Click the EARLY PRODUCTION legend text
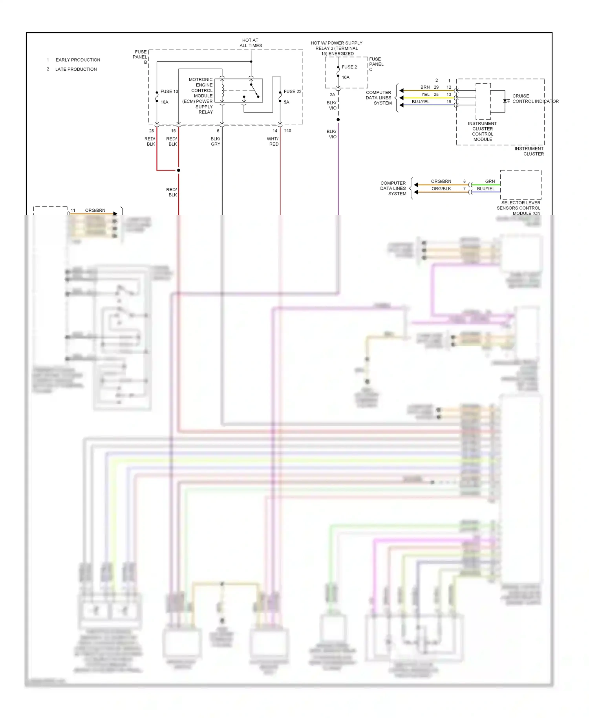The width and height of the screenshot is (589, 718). pos(78,60)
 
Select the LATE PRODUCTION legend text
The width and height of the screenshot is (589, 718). pos(76,69)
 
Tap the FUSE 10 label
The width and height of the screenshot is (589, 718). pos(169,92)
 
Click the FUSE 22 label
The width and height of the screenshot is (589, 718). pos(293,92)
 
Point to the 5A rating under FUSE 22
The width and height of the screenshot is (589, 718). pos(287,102)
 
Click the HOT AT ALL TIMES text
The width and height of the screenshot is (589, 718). pos(251,43)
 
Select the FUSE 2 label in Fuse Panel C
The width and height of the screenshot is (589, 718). pos(349,67)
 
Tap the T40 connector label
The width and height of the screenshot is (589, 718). pos(287,131)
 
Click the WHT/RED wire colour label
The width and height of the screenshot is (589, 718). pos(273,141)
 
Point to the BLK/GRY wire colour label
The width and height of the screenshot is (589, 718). pos(215,141)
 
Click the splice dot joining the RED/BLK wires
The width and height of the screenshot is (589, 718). pos(179,170)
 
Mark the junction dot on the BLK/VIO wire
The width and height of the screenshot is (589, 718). pos(338,119)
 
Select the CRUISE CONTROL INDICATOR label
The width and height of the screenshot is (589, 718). pos(535,99)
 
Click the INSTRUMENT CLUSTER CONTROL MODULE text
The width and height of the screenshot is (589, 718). pos(483,131)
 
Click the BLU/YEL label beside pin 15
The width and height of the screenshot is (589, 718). pos(421,102)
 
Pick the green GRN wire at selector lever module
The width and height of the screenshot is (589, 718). pos(486,185)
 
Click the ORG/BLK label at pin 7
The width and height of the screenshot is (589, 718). pos(441,189)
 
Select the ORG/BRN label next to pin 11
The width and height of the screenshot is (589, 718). pos(95,211)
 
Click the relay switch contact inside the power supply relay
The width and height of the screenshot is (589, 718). pos(254,90)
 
